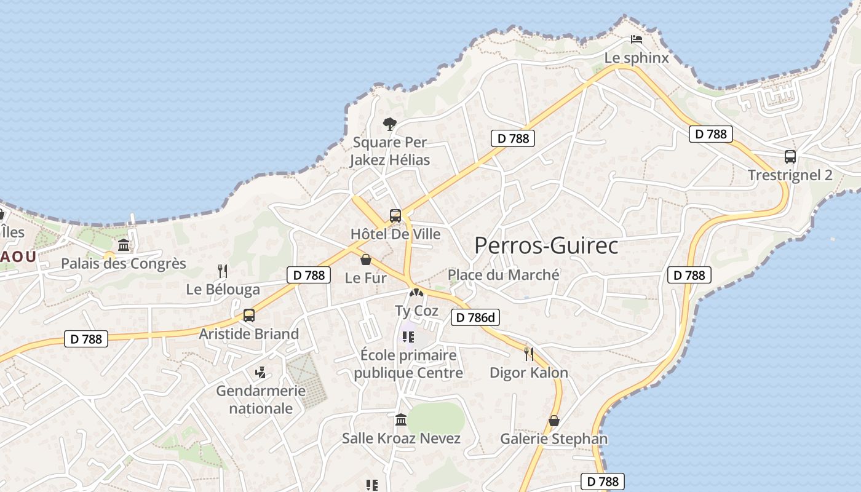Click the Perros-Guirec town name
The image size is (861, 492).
coord(546,245)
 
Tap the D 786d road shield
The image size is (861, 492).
coord(475,317)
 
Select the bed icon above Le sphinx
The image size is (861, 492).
coord(637,39)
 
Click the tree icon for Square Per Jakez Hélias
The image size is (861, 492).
coord(389,124)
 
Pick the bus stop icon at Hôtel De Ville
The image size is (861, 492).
coord(395,216)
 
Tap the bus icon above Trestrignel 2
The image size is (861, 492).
coord(790,157)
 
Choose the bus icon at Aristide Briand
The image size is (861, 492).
coord(249,315)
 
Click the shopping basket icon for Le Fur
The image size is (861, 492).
coord(366,260)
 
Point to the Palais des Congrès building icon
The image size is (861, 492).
coord(124,245)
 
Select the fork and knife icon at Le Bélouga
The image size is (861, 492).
coord(223,271)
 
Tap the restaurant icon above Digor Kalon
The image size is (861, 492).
coord(528,354)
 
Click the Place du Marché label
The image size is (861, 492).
coord(503,274)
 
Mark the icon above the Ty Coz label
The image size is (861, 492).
coord(416,293)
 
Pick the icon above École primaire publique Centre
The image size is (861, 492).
coord(408,337)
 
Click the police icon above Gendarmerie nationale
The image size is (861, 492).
coord(261,372)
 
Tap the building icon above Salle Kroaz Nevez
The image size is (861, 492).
coord(401,420)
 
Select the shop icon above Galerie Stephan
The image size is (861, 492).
coord(553,421)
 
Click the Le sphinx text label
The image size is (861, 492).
coord(637,58)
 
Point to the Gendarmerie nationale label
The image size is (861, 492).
coord(261,399)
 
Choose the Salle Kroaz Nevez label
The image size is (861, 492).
coord(401,438)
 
